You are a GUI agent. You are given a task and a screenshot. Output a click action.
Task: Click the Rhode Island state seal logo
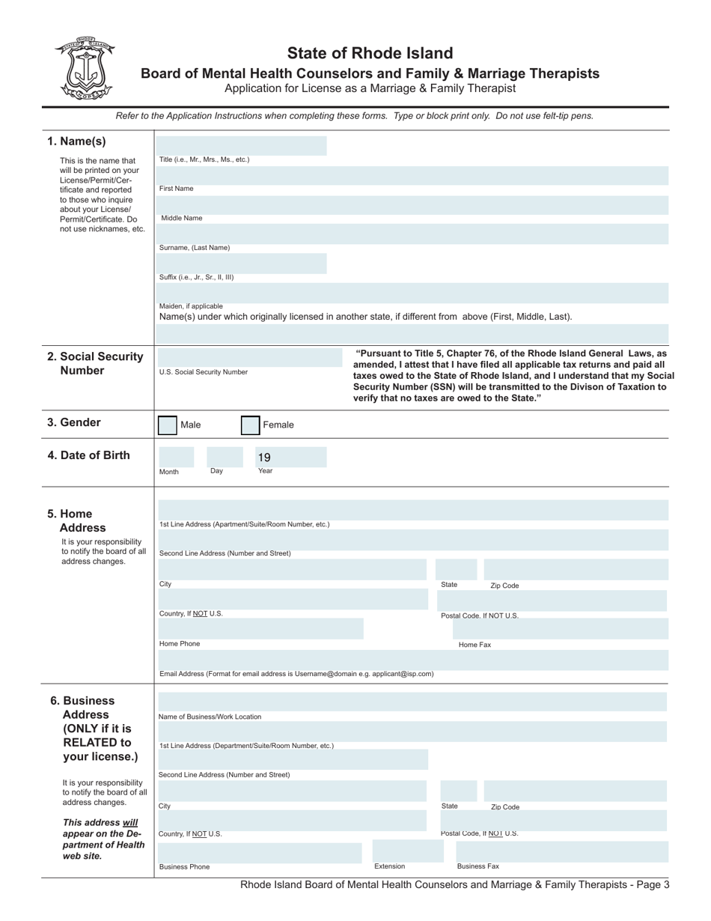pyautogui.click(x=84, y=68)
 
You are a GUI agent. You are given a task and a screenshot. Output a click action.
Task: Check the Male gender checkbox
pyautogui.click(x=168, y=425)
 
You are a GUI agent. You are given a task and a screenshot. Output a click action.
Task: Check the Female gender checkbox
pyautogui.click(x=250, y=425)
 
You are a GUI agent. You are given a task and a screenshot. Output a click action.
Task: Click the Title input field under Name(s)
pyautogui.click(x=242, y=145)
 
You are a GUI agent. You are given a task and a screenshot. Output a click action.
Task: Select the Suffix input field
pyautogui.click(x=242, y=263)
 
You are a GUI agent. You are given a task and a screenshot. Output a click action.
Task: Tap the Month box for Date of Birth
pyautogui.click(x=176, y=457)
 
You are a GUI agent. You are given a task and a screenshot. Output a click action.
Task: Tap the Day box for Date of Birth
pyautogui.click(x=224, y=457)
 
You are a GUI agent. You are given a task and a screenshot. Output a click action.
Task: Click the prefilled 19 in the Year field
pyautogui.click(x=264, y=458)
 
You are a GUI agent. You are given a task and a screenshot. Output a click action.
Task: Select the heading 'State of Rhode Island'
pyautogui.click(x=370, y=53)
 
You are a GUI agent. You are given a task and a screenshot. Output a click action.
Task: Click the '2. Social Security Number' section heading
pyautogui.click(x=95, y=363)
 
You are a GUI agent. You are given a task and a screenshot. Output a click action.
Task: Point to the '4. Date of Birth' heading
pyautogui.click(x=88, y=455)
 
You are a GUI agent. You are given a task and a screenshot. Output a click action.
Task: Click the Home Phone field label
pyautogui.click(x=180, y=644)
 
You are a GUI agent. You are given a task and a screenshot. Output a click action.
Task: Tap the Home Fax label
pyautogui.click(x=474, y=645)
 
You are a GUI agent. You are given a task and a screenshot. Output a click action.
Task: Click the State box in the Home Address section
pyautogui.click(x=456, y=570)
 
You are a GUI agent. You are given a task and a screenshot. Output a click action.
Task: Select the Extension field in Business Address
pyautogui.click(x=403, y=851)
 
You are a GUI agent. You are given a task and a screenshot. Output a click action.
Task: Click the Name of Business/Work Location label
pyautogui.click(x=210, y=717)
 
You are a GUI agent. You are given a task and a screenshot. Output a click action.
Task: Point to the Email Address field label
pyautogui.click(x=296, y=674)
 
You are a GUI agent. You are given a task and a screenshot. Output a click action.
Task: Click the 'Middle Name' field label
pyautogui.click(x=182, y=219)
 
